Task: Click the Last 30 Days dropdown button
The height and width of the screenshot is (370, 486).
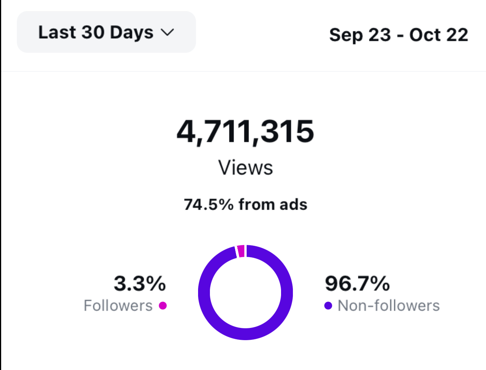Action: pos(106,32)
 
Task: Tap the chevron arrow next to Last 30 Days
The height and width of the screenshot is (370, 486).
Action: pos(167,33)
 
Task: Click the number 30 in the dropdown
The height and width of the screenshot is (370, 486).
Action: pos(93,32)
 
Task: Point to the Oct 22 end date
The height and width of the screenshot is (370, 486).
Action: pos(439,35)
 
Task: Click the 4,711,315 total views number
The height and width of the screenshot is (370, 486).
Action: pos(245,132)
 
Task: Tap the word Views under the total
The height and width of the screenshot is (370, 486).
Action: pos(245,168)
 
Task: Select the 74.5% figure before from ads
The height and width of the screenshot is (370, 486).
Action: pos(208,205)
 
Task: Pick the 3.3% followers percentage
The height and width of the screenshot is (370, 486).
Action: pos(140,284)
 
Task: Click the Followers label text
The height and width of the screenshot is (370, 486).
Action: pos(118,306)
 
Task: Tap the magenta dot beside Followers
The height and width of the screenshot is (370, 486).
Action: pos(163,306)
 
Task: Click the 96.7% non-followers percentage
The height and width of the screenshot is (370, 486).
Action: pos(357,284)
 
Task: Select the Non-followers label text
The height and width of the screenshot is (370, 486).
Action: pos(388,306)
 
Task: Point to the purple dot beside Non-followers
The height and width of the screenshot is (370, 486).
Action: pos(328,306)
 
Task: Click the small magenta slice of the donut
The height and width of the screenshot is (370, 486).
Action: pos(241,251)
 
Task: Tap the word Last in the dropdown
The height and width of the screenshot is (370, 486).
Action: pos(57,32)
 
